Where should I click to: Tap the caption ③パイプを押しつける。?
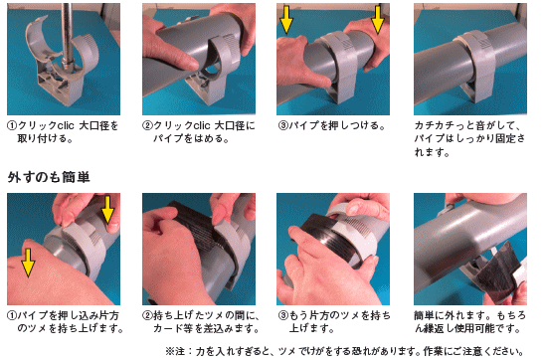(322, 127)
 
